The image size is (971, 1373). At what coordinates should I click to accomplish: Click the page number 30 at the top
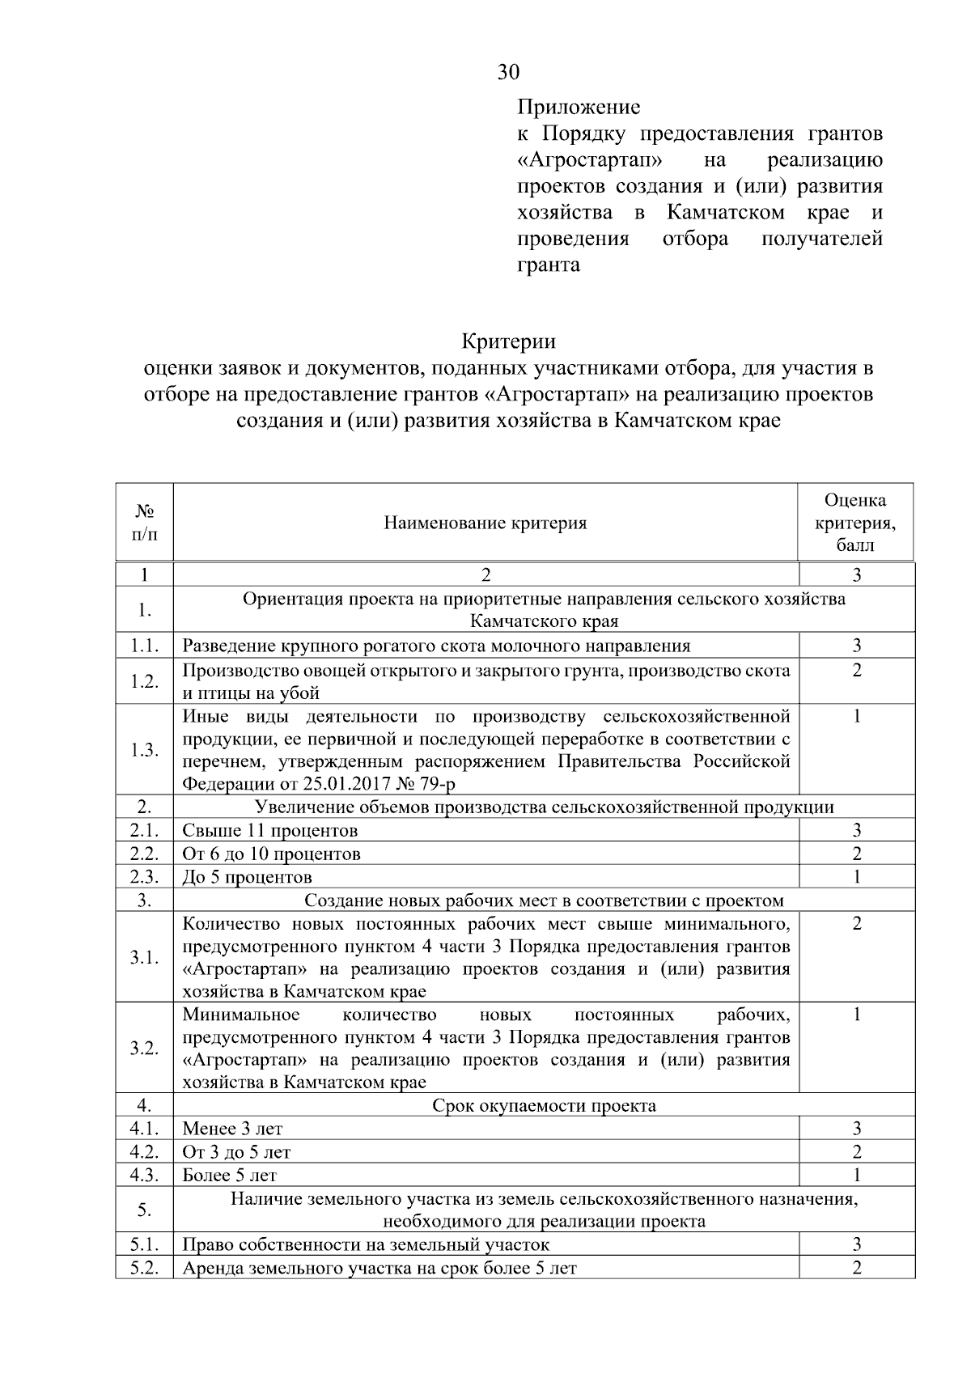pos(508,72)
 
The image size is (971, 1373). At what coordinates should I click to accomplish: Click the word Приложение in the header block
pos(579,107)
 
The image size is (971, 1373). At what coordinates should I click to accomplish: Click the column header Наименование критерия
pos(485,523)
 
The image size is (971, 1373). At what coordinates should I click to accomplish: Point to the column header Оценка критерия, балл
pos(855,523)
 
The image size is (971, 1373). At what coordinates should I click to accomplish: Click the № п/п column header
pos(144,523)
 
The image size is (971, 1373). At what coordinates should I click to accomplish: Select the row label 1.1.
pos(144,646)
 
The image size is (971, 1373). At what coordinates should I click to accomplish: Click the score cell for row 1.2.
pos(856,671)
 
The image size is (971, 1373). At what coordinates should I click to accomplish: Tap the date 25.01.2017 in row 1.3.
pos(348,784)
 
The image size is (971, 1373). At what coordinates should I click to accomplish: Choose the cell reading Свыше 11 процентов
pos(270,831)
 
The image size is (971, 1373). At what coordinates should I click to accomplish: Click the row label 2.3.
pos(144,877)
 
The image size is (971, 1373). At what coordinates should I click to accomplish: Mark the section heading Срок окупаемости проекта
pos(544,1105)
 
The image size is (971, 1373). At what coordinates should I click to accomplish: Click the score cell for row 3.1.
pos(856,924)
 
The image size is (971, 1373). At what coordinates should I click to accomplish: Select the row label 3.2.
pos(144,1049)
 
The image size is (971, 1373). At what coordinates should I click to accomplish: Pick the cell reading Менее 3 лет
pos(232,1129)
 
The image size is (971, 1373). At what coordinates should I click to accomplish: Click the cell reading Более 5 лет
pos(230,1175)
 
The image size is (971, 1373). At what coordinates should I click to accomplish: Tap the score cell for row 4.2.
pos(856,1152)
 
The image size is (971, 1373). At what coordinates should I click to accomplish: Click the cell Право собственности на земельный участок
pos(366,1244)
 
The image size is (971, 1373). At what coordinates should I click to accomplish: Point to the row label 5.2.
pos(144,1268)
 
